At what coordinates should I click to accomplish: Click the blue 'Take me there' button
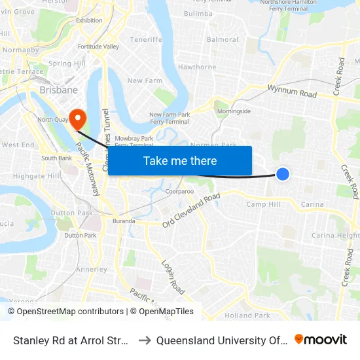pos(180,160)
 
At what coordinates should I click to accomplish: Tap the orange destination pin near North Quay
pos(77,119)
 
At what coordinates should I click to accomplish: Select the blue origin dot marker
pos(283,173)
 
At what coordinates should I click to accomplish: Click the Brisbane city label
pos(58,90)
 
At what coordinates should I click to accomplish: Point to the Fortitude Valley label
pos(98,46)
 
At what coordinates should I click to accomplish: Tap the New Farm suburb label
pos(144,81)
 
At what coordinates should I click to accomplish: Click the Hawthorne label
pos(197,67)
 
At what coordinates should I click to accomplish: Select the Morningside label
pos(234,111)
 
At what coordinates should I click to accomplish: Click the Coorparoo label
pos(179,192)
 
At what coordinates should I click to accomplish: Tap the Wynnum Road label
pos(292,91)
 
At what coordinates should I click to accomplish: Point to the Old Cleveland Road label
pos(191,211)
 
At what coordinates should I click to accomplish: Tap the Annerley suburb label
pos(91,269)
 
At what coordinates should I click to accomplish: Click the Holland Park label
pos(247,315)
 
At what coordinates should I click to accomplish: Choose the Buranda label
pos(123,221)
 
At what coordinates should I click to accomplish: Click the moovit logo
pos(321,340)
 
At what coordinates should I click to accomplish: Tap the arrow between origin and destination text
pos(145,340)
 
